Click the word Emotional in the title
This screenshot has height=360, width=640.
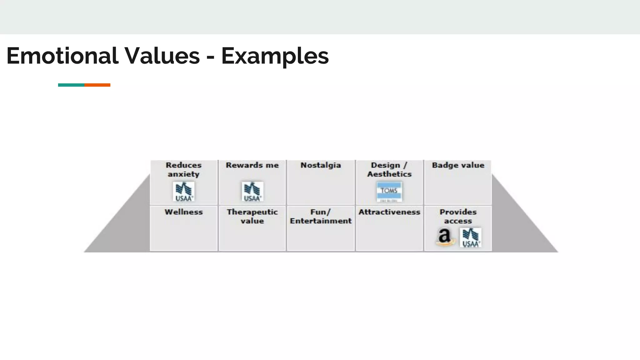[62, 56]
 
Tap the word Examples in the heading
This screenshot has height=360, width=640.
[275, 56]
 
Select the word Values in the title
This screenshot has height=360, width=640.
[162, 56]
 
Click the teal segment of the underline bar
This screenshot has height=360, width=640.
[71, 85]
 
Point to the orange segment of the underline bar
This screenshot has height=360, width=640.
[97, 85]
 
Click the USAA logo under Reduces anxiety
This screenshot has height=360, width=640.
[184, 192]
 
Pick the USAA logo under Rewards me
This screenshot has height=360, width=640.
[252, 192]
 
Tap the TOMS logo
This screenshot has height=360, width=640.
[389, 192]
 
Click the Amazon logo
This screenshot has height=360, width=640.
[445, 237]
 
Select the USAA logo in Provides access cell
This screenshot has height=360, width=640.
[471, 238]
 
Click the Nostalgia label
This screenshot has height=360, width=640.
[321, 165]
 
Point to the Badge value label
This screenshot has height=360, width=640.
[458, 165]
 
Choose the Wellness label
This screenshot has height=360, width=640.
[184, 212]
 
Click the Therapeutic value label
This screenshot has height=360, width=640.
[252, 216]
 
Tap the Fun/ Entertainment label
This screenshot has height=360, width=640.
[321, 216]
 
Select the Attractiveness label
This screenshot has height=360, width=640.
[389, 212]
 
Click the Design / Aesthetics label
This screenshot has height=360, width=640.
[389, 169]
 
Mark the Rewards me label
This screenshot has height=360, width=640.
[252, 165]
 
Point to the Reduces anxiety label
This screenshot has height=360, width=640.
[184, 169]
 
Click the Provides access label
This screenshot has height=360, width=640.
[458, 216]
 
